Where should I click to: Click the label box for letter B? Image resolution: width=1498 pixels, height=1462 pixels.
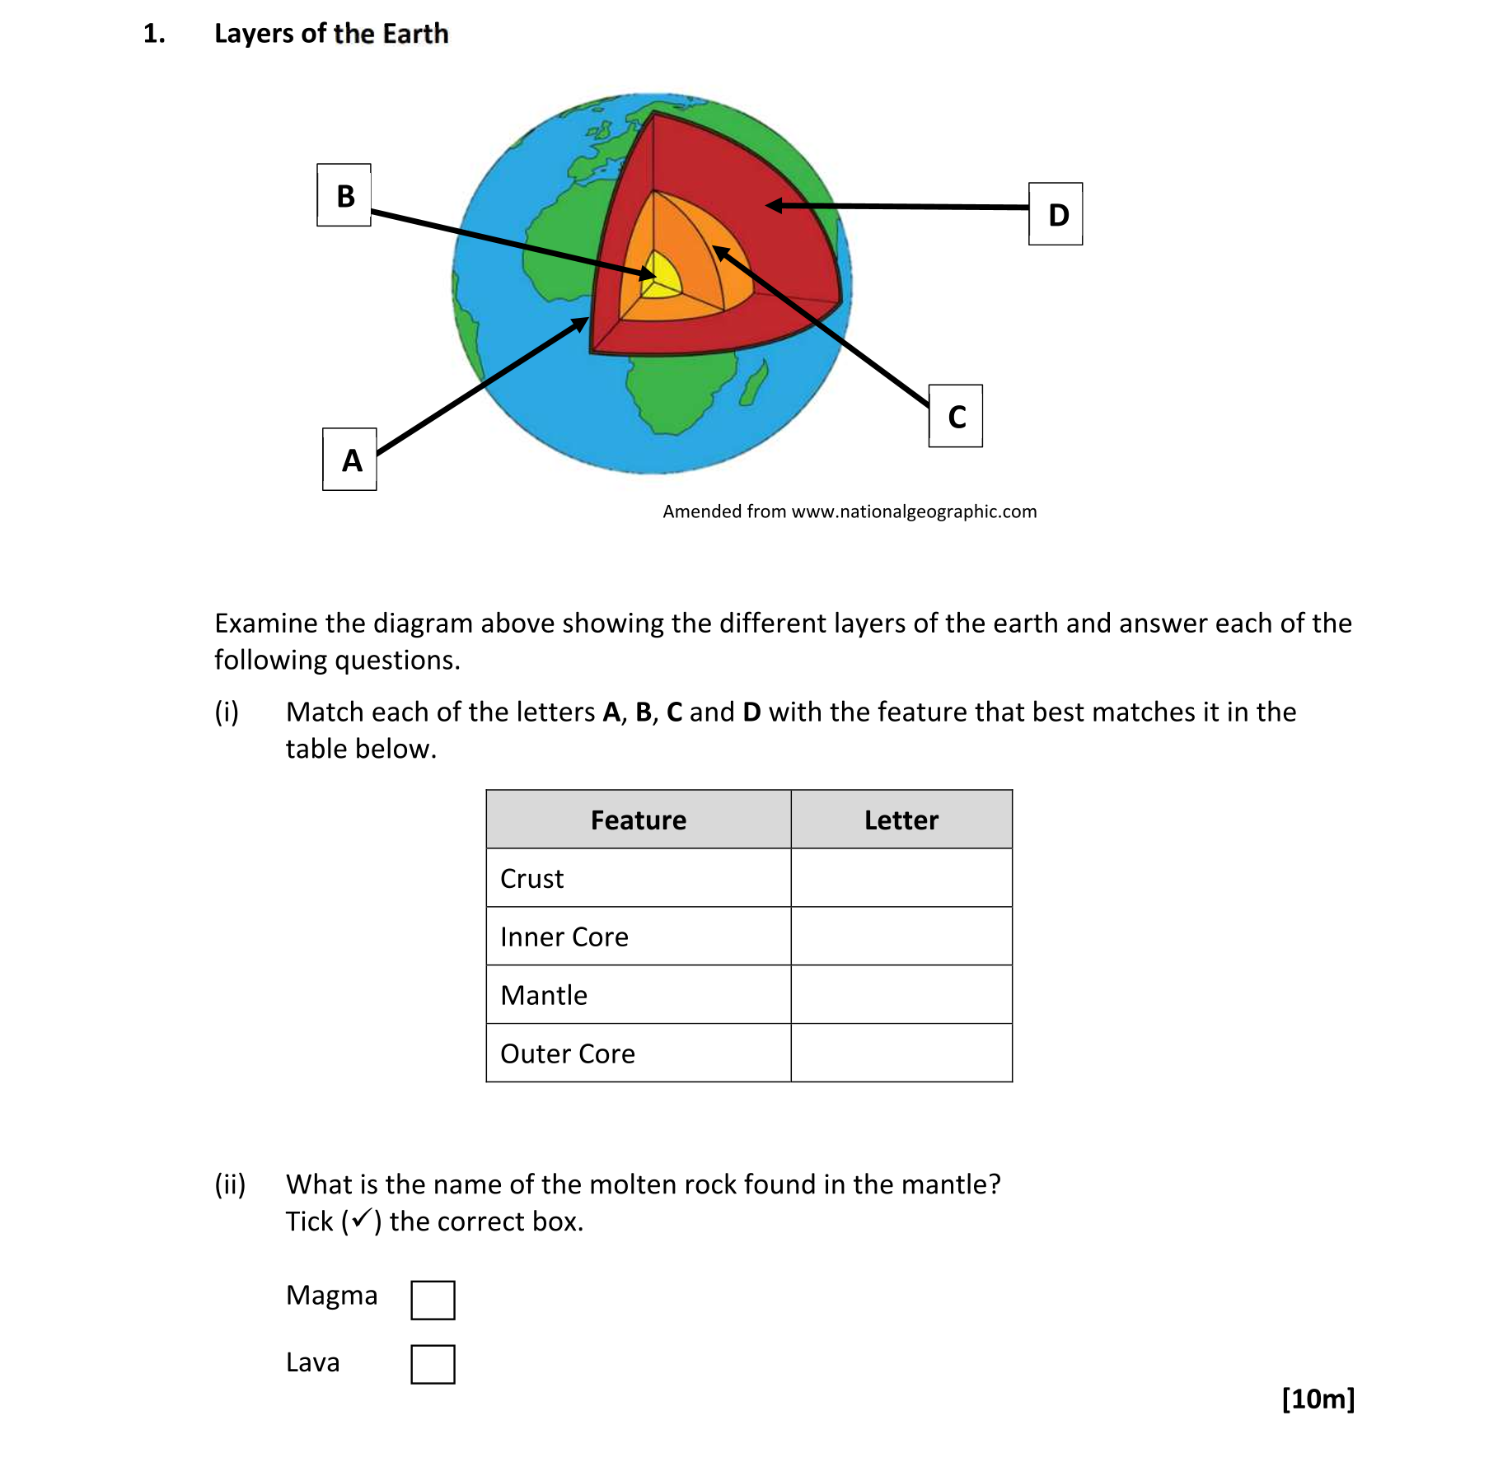pos(344,195)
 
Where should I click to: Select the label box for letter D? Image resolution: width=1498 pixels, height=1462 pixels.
pos(1056,214)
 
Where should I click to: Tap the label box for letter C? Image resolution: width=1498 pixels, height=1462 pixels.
pos(955,416)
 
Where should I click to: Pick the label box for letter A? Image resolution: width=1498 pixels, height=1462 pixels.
pos(349,460)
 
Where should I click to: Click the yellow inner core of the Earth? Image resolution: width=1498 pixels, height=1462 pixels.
pos(664,276)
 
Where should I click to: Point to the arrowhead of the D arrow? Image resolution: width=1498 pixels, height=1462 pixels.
pos(773,205)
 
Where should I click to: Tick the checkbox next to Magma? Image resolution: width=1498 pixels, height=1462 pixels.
pos(433,1300)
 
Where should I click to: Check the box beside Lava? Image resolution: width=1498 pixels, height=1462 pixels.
pos(433,1364)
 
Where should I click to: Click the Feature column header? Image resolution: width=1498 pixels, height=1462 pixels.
pos(638,820)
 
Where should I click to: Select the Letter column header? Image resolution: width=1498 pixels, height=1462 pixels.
pos(901,820)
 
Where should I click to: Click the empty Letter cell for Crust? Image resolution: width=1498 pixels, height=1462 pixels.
pos(901,878)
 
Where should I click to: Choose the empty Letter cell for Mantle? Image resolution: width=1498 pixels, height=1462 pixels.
pos(901,995)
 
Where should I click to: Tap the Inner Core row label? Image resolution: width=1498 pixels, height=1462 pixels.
pos(564,937)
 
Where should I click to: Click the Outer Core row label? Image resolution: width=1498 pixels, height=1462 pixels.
pos(568,1053)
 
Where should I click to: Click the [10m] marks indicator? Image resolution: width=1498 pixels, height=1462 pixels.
pos(1318,1399)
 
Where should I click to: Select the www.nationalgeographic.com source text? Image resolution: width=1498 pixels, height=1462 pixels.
pos(914,511)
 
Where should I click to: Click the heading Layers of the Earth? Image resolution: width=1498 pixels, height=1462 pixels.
pos(331,33)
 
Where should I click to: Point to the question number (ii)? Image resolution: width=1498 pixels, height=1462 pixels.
pos(230,1184)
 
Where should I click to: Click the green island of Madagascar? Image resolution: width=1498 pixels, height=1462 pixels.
pos(754,384)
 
